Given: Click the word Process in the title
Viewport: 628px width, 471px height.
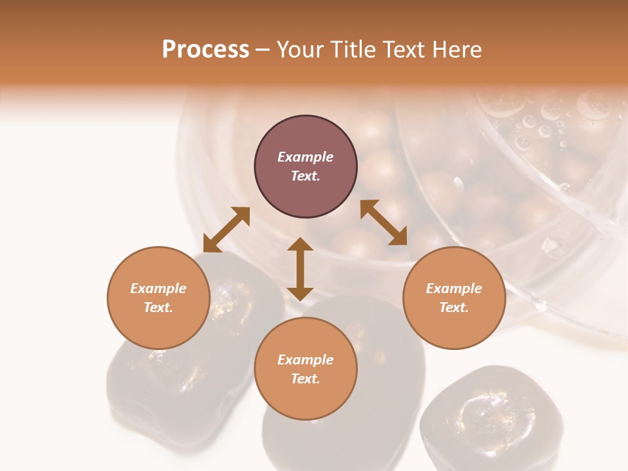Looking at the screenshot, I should pyautogui.click(x=205, y=50).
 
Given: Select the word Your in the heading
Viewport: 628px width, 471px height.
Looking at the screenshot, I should pyautogui.click(x=302, y=50).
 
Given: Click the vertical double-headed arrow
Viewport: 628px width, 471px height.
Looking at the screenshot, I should pyautogui.click(x=300, y=269).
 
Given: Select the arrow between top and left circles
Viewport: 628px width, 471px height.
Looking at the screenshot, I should pyautogui.click(x=226, y=230).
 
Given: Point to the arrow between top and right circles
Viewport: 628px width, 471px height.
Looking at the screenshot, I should pyautogui.click(x=383, y=222).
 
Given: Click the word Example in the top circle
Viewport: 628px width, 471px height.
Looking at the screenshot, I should pyautogui.click(x=305, y=157).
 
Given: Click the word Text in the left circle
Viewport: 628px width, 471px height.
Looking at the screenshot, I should pyautogui.click(x=158, y=307).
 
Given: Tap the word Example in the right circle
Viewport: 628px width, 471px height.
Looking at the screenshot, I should pyautogui.click(x=454, y=288).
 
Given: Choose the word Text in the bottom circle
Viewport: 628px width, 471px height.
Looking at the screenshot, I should pyautogui.click(x=305, y=379).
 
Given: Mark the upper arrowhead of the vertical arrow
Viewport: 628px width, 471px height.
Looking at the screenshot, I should pyautogui.click(x=300, y=244).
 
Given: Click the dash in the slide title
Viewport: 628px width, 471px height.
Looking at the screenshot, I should pyautogui.click(x=262, y=50).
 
